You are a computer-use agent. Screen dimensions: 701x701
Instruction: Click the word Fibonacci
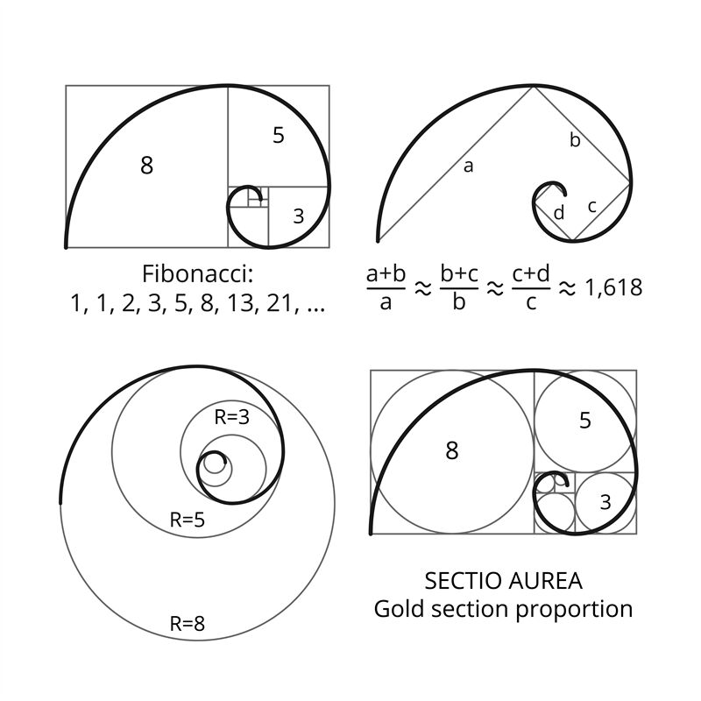(196, 273)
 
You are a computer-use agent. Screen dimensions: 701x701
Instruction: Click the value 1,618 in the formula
(614, 287)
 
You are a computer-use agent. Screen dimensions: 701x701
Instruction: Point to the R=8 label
(188, 624)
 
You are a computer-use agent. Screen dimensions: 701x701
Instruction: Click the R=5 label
(188, 520)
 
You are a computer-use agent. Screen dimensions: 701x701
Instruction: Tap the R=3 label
(232, 417)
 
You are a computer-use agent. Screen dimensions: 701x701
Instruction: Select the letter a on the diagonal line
(468, 166)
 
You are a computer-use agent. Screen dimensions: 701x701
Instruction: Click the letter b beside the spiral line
(575, 140)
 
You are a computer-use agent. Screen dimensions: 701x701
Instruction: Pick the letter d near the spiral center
(559, 212)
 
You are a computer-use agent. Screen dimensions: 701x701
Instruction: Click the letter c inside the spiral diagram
(592, 207)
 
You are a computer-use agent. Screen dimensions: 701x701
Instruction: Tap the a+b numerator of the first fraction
(386, 273)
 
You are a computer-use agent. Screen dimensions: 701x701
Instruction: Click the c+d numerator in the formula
(531, 273)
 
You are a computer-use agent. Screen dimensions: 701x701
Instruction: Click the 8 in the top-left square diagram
(146, 165)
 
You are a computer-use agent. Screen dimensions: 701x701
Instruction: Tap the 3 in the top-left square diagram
(299, 216)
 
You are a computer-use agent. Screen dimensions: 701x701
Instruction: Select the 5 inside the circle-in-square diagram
(585, 421)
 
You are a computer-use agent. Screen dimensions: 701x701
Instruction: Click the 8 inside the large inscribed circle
(452, 450)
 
